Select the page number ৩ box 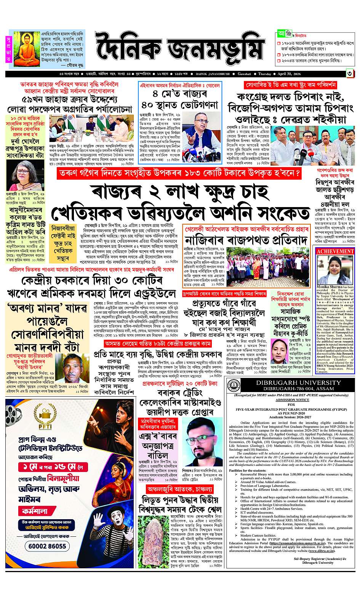(349, 73)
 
